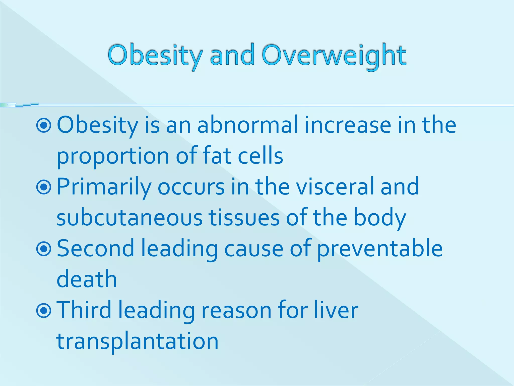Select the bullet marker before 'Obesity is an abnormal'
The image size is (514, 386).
[44, 125]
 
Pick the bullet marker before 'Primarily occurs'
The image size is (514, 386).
[44, 187]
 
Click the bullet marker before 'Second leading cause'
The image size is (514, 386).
[44, 249]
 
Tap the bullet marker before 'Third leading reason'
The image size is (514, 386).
[44, 311]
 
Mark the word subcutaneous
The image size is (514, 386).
[130, 217]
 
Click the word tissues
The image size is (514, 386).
[244, 217]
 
